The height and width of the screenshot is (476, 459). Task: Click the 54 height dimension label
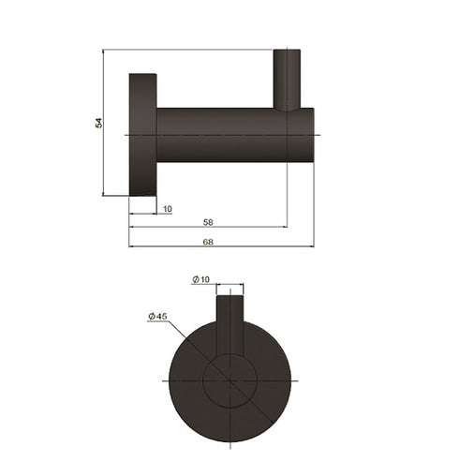[98, 123]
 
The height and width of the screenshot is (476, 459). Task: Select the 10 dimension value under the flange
[167, 208]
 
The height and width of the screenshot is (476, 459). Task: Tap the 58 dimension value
[207, 221]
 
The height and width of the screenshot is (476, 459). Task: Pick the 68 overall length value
[208, 242]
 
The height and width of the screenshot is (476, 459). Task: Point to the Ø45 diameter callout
[157, 318]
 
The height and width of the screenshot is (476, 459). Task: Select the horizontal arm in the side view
[220, 135]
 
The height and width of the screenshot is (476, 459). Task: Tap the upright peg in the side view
[287, 80]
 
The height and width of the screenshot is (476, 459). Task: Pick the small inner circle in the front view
[230, 381]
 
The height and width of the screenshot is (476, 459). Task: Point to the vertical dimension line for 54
[104, 159]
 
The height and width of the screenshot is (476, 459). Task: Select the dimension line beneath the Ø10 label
[230, 286]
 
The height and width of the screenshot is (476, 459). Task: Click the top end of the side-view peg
[287, 52]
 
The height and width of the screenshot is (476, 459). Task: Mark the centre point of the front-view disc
[230, 381]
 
